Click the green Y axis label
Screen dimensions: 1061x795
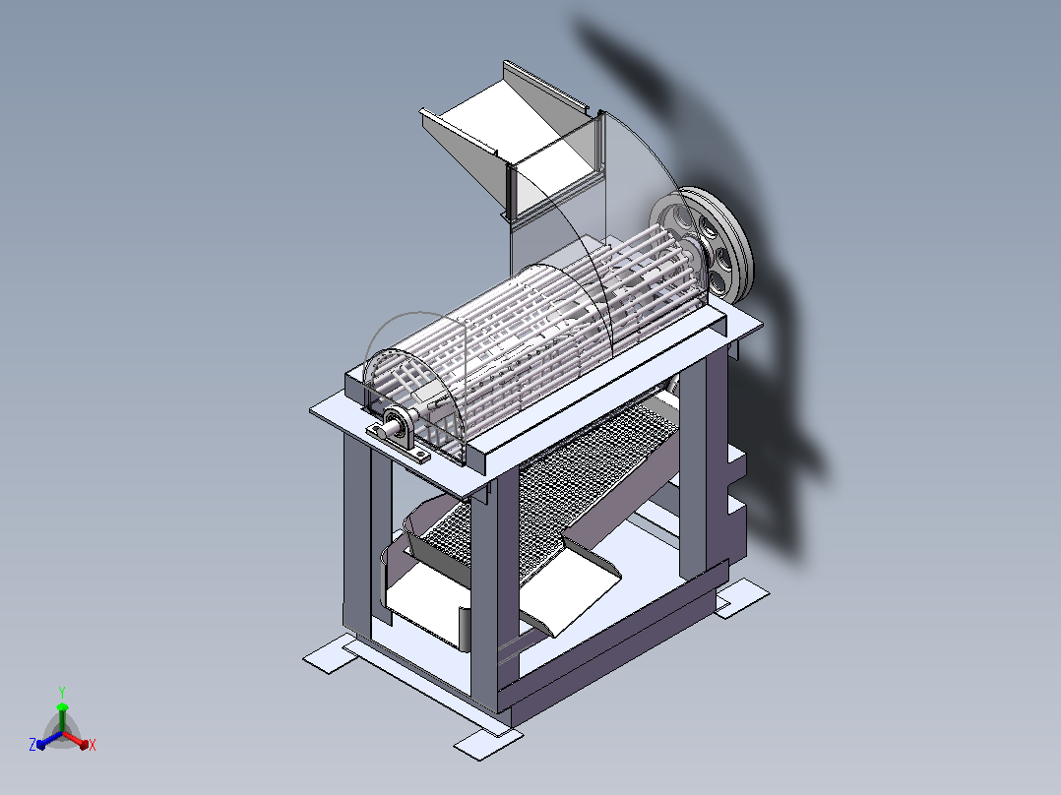[62, 692]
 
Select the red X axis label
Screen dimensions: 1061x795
[93, 745]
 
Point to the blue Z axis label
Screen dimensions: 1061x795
[32, 744]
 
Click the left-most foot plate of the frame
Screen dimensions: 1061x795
[330, 654]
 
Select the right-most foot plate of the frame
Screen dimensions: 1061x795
[742, 597]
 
